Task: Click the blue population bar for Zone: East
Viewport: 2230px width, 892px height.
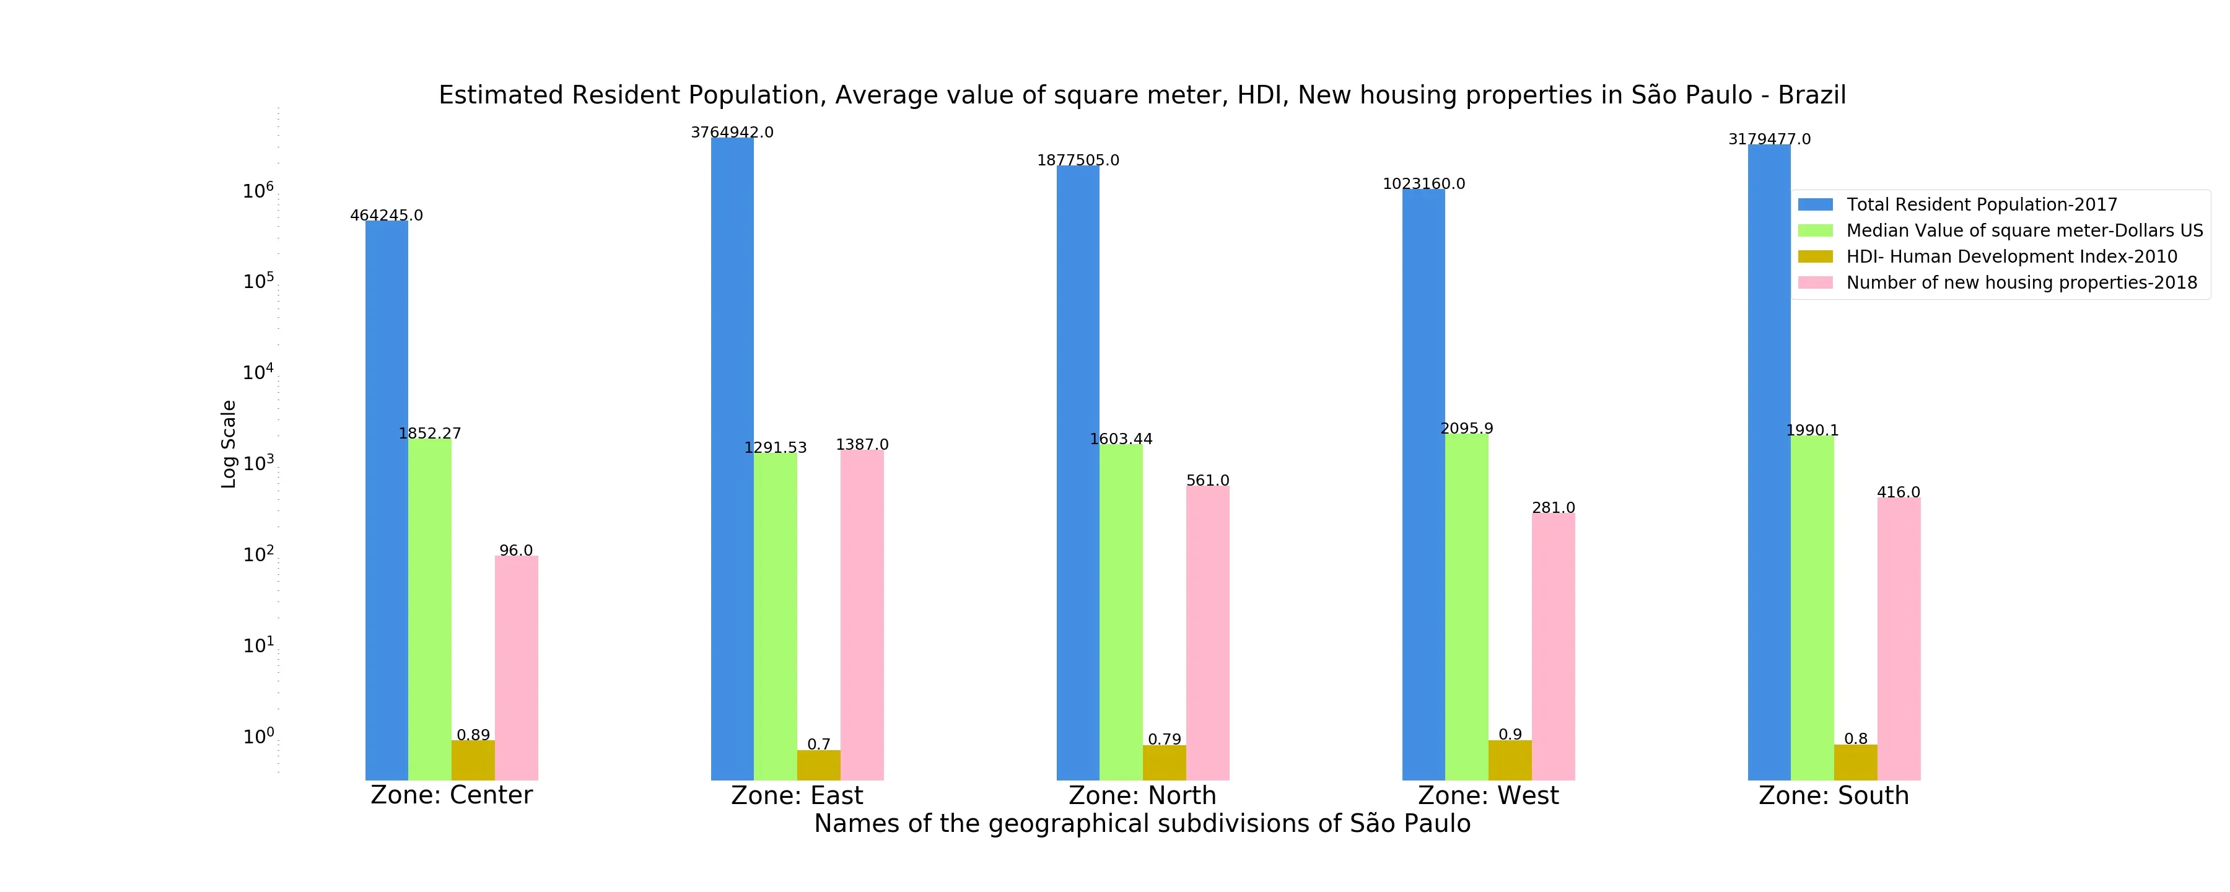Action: (732, 459)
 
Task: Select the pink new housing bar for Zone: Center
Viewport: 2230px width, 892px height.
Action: (516, 667)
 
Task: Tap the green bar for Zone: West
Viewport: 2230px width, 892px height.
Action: (1466, 606)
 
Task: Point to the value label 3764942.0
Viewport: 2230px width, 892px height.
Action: (732, 133)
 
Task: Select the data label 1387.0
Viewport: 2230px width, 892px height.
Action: (862, 444)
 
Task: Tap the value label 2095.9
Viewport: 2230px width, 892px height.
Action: (1466, 428)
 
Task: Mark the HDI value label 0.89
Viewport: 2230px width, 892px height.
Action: (473, 735)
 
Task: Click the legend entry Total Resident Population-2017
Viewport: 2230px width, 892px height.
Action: (1982, 204)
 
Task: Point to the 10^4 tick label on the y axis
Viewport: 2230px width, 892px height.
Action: (258, 372)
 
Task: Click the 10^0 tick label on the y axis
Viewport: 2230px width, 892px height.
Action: (258, 736)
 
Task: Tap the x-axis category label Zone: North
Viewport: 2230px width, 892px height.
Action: (1143, 795)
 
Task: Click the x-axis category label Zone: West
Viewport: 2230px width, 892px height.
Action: (1488, 795)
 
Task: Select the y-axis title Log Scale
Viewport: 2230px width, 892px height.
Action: (229, 444)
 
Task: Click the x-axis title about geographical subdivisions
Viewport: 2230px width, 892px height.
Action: (1142, 824)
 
